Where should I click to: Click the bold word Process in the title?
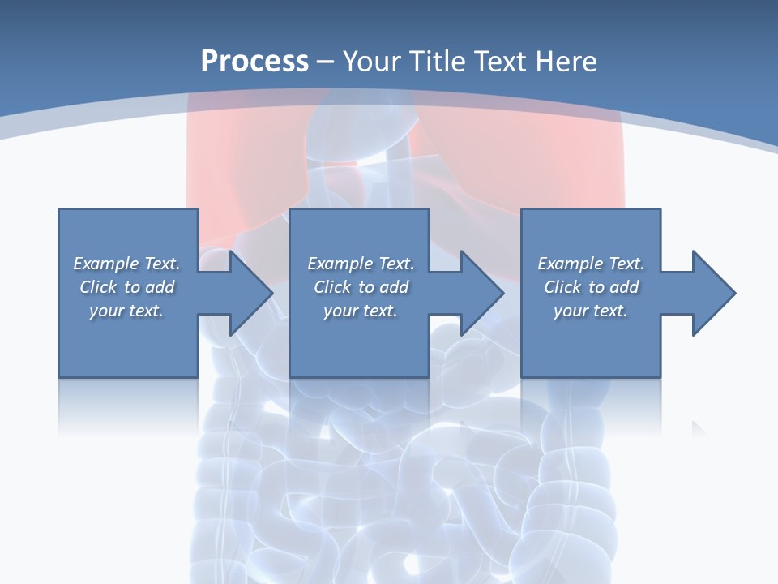pyautogui.click(x=254, y=62)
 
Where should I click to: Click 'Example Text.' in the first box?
pyautogui.click(x=126, y=264)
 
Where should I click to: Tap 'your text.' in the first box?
pyautogui.click(x=126, y=311)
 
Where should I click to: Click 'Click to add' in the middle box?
pyautogui.click(x=361, y=287)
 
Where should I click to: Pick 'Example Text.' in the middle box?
pyautogui.click(x=361, y=264)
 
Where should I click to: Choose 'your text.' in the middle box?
pyautogui.click(x=361, y=311)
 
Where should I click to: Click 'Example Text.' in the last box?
pyautogui.click(x=591, y=264)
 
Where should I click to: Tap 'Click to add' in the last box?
pyautogui.click(x=591, y=287)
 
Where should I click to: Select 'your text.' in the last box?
pyautogui.click(x=591, y=311)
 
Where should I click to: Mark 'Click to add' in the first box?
pyautogui.click(x=126, y=287)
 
